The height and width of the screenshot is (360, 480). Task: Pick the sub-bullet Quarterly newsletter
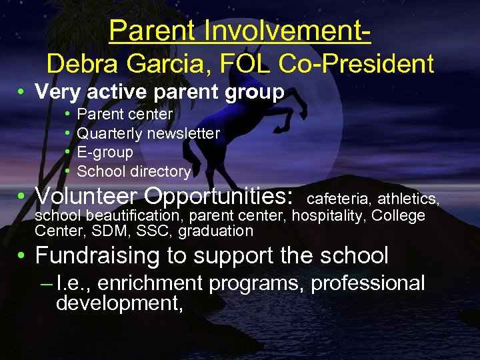148,133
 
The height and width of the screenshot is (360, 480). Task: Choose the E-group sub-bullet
105,152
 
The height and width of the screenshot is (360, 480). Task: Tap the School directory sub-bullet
133,171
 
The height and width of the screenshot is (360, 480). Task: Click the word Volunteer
86,196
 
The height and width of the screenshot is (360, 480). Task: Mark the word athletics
408,199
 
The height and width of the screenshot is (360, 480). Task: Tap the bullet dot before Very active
23,92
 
